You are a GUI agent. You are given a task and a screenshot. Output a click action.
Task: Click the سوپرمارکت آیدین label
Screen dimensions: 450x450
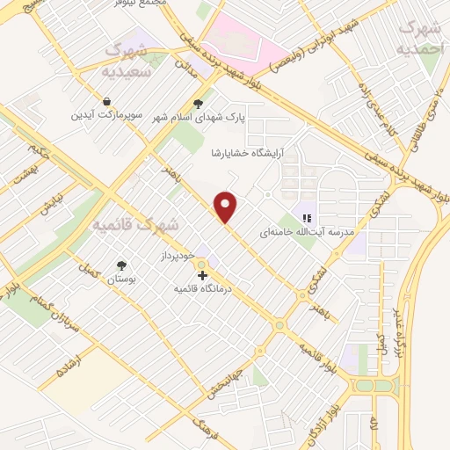[106, 115]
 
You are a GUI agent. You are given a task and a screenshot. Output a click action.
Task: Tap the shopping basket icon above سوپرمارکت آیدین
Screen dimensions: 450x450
[106, 102]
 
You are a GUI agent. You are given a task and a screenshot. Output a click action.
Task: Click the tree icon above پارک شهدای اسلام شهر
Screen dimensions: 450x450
[209, 103]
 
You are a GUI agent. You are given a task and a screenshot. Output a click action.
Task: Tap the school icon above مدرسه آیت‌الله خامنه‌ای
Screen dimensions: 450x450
[308, 217]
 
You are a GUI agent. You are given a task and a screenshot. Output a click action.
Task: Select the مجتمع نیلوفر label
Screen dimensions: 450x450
[142, 4]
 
